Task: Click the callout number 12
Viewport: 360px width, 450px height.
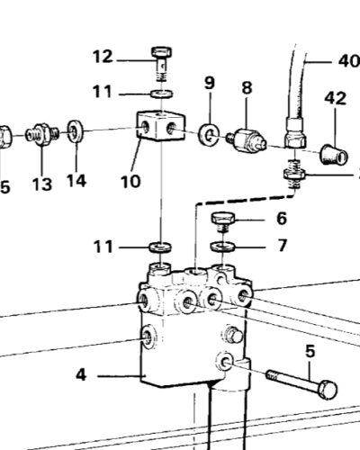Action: click(103, 57)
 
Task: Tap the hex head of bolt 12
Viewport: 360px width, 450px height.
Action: click(162, 52)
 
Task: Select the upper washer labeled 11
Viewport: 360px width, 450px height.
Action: click(162, 94)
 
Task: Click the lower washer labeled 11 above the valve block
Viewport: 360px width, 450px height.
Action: click(160, 247)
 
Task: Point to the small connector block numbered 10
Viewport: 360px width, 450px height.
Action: click(161, 126)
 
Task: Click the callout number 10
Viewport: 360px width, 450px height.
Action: click(130, 182)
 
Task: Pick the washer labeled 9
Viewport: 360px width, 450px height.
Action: click(209, 134)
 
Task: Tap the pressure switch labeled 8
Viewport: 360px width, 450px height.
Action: click(247, 140)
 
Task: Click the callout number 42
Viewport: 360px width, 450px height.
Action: click(336, 98)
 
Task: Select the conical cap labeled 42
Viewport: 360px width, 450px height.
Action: click(335, 155)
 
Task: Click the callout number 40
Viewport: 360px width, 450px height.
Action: click(349, 61)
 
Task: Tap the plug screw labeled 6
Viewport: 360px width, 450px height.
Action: click(223, 222)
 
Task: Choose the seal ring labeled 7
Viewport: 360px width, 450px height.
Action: click(223, 246)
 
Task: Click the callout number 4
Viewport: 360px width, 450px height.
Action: click(81, 375)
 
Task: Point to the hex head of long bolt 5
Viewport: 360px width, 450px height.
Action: click(328, 390)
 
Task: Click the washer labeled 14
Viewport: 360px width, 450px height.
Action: click(76, 131)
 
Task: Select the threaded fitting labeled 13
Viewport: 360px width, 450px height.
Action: click(42, 134)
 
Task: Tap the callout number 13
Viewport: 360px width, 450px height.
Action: click(42, 184)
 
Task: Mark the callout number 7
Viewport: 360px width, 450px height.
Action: click(282, 246)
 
